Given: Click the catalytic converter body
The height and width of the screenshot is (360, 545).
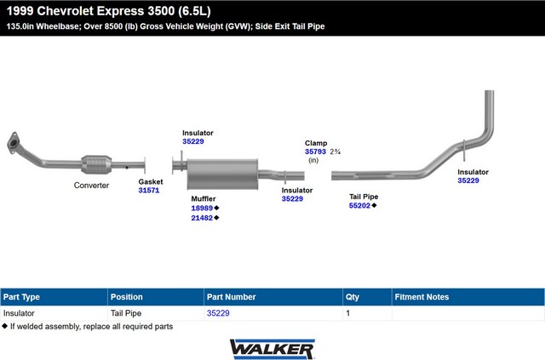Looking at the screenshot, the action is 96,165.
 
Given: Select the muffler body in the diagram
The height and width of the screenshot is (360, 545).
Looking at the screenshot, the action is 222,174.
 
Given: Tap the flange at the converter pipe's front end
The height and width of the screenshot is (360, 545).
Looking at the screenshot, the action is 13,142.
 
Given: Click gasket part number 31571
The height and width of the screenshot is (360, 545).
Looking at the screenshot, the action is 149,191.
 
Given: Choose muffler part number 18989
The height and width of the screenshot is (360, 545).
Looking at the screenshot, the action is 202,209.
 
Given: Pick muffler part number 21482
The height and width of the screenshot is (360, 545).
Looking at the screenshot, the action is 202,218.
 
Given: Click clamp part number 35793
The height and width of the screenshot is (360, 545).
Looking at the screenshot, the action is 315,151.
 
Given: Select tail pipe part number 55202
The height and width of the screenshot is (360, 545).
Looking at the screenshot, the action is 359,206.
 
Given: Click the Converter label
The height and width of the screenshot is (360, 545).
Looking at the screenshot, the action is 91,186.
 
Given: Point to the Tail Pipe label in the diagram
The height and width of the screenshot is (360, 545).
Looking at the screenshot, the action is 364,197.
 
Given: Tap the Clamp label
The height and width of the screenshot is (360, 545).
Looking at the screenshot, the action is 316,143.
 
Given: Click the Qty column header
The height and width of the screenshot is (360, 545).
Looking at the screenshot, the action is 352,297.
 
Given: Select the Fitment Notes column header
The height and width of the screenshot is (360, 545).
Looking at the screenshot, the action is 422,297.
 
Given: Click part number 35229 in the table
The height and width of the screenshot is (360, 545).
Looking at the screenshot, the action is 218,313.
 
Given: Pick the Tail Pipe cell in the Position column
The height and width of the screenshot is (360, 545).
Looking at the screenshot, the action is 126,313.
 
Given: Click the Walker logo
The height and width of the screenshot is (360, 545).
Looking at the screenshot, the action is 272,349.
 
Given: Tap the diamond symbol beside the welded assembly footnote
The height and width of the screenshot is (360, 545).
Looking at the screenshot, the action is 4,326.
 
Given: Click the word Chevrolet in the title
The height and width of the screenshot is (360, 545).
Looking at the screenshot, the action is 66,11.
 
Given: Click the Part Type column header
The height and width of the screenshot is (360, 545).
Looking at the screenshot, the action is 21,297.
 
